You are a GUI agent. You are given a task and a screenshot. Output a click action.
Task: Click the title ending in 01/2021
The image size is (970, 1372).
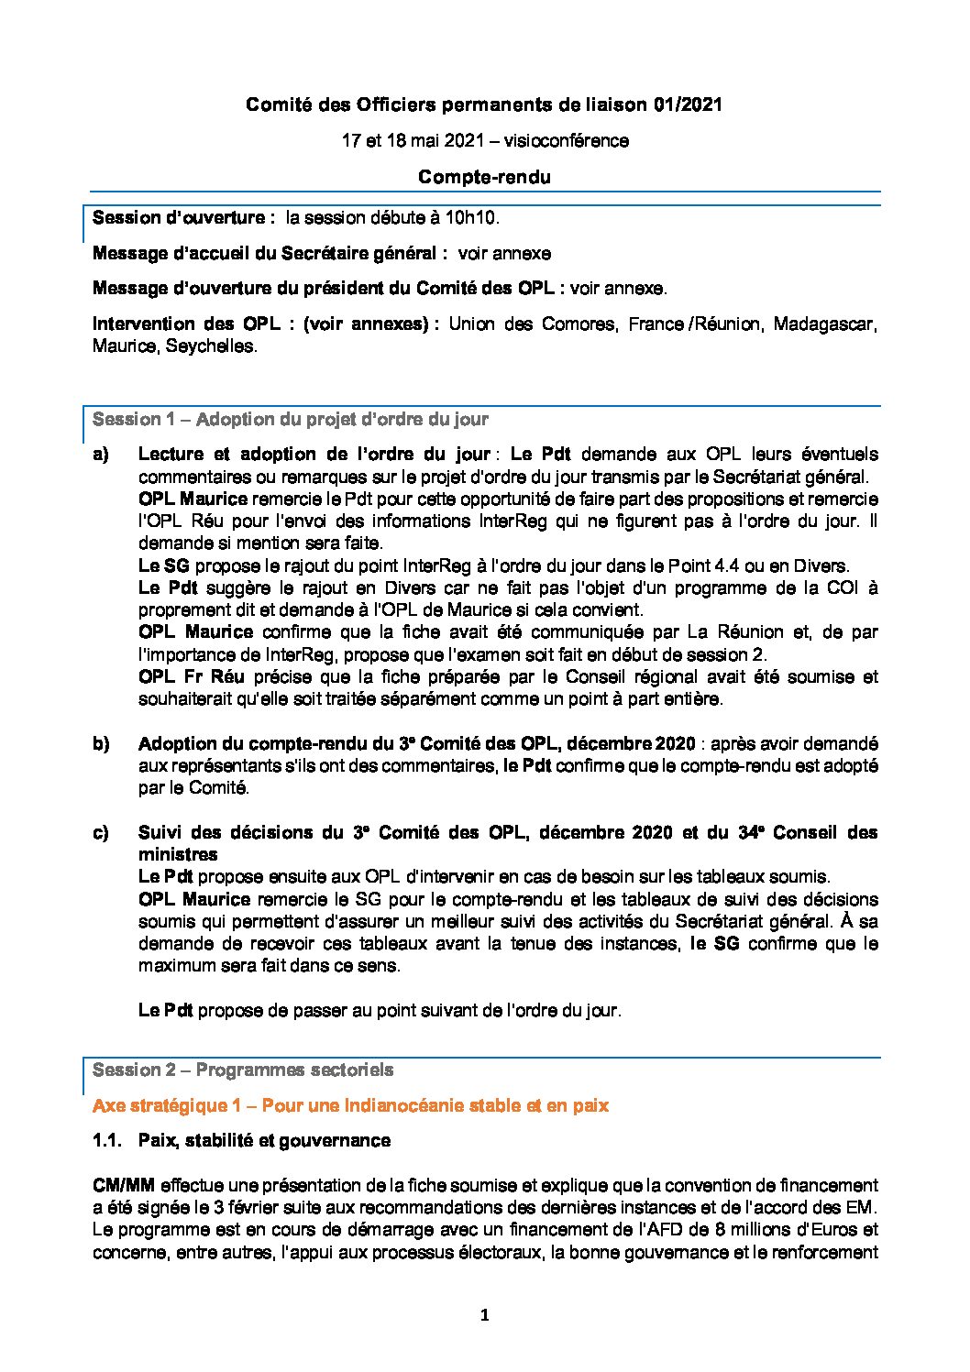pyautogui.click(x=484, y=105)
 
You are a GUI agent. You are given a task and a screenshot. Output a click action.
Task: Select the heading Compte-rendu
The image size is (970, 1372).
pyautogui.click(x=484, y=177)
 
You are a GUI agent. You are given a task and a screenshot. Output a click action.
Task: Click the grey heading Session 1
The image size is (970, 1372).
pyautogui.click(x=290, y=419)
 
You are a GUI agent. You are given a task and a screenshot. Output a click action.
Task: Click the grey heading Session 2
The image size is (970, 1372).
pyautogui.click(x=243, y=1070)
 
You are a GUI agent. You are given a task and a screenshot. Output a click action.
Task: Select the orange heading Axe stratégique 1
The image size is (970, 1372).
pyautogui.click(x=350, y=1105)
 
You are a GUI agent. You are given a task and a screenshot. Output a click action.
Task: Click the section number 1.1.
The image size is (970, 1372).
pyautogui.click(x=107, y=1141)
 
